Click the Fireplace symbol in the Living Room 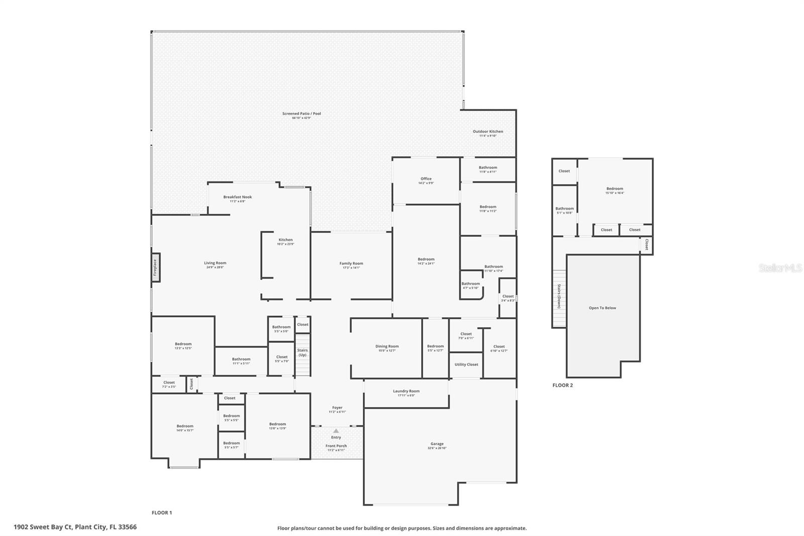[156, 267]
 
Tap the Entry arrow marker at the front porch [336, 431]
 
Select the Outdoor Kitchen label [487, 132]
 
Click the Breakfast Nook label [237, 197]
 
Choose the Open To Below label [602, 308]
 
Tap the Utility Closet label [466, 365]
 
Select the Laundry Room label [406, 391]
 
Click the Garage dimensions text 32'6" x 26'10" [437, 449]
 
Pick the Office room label [426, 179]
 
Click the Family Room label [351, 263]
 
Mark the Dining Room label [387, 346]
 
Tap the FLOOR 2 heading [562, 385]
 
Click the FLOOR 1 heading [162, 513]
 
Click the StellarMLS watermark [780, 269]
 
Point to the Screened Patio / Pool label [301, 114]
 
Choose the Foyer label [337, 408]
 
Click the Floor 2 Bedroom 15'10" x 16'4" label [615, 189]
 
